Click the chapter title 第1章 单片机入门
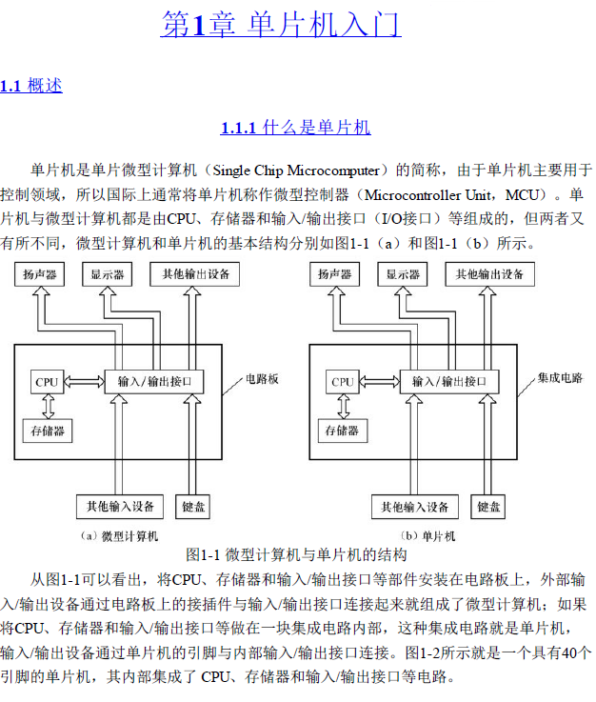coord(281,24)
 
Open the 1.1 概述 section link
coord(30,85)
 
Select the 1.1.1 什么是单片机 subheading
coord(295,128)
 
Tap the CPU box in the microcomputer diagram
coord(47,382)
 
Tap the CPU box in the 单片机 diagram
coord(343,382)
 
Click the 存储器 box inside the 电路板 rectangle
coord(48,431)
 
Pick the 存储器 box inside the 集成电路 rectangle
coord(343,431)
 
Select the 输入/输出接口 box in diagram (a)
coord(154,382)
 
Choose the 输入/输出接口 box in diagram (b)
coord(449,382)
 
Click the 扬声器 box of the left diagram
coord(40,274)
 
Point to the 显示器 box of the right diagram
coord(403,274)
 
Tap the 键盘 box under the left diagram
coord(193,507)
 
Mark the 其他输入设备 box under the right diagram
coord(415,507)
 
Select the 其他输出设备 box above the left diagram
coord(195,274)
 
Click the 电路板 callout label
coord(262,379)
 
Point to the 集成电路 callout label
coord(560,378)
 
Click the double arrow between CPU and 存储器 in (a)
coord(48,407)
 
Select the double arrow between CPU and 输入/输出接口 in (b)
coord(380,382)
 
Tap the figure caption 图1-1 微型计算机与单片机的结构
coord(296,555)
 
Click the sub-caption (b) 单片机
coord(427,536)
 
